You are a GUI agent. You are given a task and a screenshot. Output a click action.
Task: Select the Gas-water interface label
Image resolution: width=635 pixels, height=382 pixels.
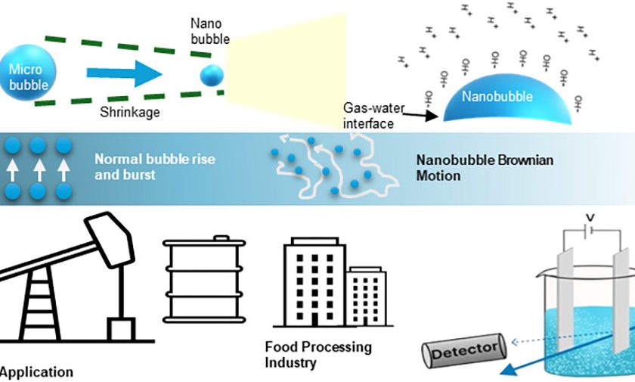click(x=369, y=116)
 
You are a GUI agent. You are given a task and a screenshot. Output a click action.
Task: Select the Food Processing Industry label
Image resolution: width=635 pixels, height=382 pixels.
click(x=317, y=355)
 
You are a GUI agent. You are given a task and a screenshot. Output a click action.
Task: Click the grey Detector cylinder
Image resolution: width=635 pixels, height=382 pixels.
click(x=463, y=350)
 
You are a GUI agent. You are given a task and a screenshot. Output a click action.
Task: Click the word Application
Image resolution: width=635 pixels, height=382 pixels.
click(x=37, y=372)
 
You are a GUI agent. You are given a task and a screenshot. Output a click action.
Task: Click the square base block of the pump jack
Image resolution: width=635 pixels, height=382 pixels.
click(x=122, y=329)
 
